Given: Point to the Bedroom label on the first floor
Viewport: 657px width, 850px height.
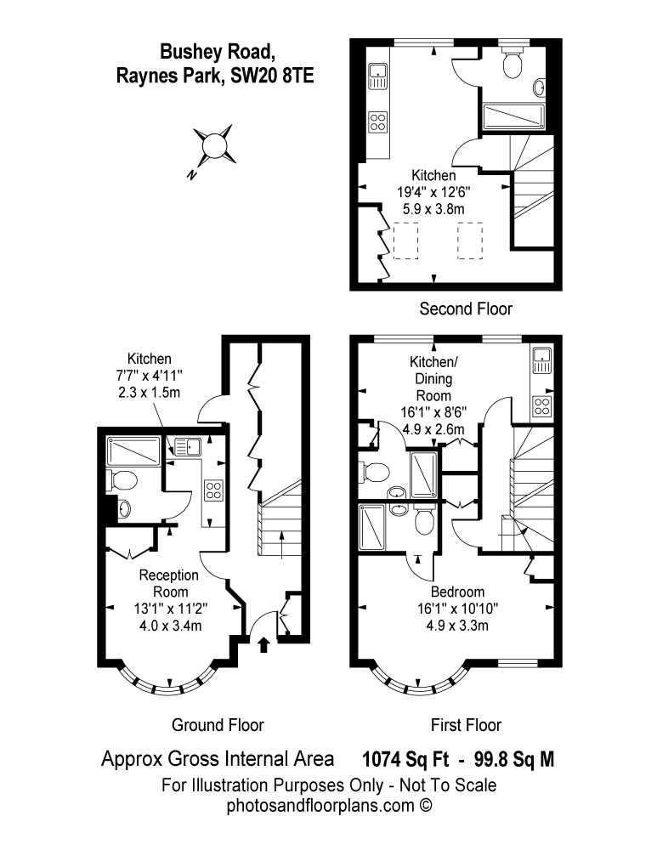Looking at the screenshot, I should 457,592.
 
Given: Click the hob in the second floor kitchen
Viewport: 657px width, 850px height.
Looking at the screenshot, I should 377,122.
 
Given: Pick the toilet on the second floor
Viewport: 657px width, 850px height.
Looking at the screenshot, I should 513,64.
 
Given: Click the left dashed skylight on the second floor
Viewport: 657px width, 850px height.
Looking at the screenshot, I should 407,240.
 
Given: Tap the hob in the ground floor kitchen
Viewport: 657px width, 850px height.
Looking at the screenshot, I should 213,490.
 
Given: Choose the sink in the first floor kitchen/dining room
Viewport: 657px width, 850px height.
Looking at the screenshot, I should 541,361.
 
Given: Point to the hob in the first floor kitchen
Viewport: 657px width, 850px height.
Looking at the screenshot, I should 541,405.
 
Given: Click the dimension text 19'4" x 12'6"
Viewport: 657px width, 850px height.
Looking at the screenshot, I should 434,191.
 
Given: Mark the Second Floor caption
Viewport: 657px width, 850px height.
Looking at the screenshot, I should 466,309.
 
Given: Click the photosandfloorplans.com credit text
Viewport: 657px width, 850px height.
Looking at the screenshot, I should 330,804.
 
